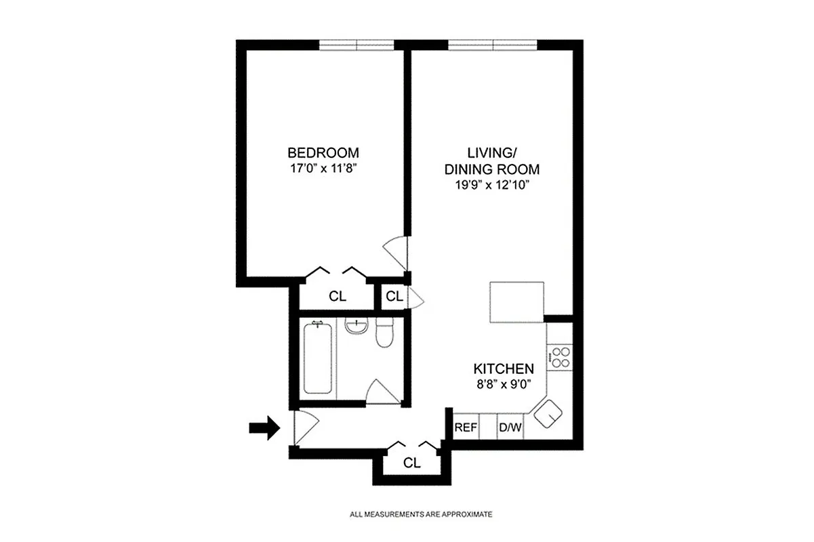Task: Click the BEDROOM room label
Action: [323, 152]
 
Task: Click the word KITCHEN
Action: [503, 369]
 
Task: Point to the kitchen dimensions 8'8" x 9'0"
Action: [503, 383]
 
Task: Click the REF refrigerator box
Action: [466, 428]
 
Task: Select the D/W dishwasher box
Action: [510, 428]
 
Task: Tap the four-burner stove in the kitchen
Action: [561, 357]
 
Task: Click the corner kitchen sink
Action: [549, 413]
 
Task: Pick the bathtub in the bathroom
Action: [318, 360]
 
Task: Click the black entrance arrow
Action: [264, 428]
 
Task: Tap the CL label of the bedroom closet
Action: [337, 296]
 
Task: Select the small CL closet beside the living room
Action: [394, 297]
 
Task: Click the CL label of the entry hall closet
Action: [411, 463]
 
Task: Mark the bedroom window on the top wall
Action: [357, 45]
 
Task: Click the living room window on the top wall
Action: [493, 45]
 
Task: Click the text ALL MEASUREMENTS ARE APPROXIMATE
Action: [421, 514]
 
